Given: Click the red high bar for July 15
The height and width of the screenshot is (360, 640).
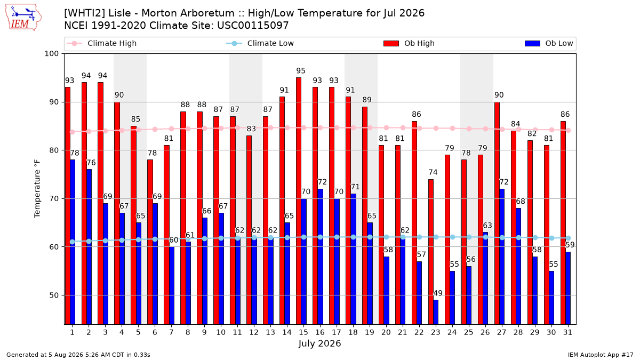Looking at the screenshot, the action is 299,201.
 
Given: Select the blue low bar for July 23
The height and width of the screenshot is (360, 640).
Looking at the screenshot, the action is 436,312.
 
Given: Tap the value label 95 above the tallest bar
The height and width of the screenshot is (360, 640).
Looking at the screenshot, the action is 301,70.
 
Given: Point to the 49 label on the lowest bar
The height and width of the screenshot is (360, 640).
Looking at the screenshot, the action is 438,293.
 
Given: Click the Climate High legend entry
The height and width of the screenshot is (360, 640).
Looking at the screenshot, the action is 101,43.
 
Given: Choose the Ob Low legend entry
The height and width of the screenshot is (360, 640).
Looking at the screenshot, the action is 549,43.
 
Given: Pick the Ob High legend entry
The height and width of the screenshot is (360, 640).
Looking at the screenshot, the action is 409,43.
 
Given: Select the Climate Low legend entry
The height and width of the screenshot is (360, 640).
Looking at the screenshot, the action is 260,43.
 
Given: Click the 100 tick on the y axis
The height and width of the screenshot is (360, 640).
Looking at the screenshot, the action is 51,54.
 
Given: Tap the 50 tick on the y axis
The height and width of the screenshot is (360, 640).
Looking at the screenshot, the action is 54,295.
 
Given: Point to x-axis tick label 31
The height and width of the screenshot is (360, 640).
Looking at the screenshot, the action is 567,332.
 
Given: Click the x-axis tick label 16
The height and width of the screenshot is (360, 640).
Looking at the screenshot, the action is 319,332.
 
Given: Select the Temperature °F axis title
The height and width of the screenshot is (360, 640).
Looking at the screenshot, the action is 37,189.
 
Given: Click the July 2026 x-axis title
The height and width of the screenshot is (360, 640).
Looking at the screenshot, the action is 319,343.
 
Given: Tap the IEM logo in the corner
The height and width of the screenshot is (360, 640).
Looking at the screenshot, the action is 23,18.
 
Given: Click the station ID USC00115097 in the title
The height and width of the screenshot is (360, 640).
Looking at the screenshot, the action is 253,26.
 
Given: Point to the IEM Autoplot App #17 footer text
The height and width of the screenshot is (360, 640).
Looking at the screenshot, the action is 601,355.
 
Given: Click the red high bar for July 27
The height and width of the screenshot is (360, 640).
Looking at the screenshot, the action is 497,213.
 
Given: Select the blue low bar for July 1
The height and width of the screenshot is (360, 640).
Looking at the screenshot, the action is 73,242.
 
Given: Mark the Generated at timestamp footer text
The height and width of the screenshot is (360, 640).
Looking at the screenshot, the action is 78,355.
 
